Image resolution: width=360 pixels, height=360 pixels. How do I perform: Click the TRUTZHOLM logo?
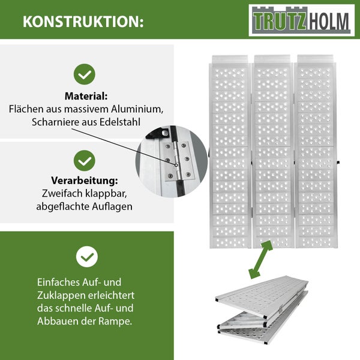(x=299, y=20)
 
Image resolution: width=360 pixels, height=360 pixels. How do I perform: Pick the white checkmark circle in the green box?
(x=86, y=257)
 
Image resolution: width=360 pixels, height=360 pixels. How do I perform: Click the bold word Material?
(x=86, y=96)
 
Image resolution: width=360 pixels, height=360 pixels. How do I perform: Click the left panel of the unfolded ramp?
(x=230, y=150)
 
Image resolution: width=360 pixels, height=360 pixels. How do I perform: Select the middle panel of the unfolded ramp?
(x=273, y=150)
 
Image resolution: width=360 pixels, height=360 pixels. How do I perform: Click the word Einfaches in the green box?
(x=59, y=282)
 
